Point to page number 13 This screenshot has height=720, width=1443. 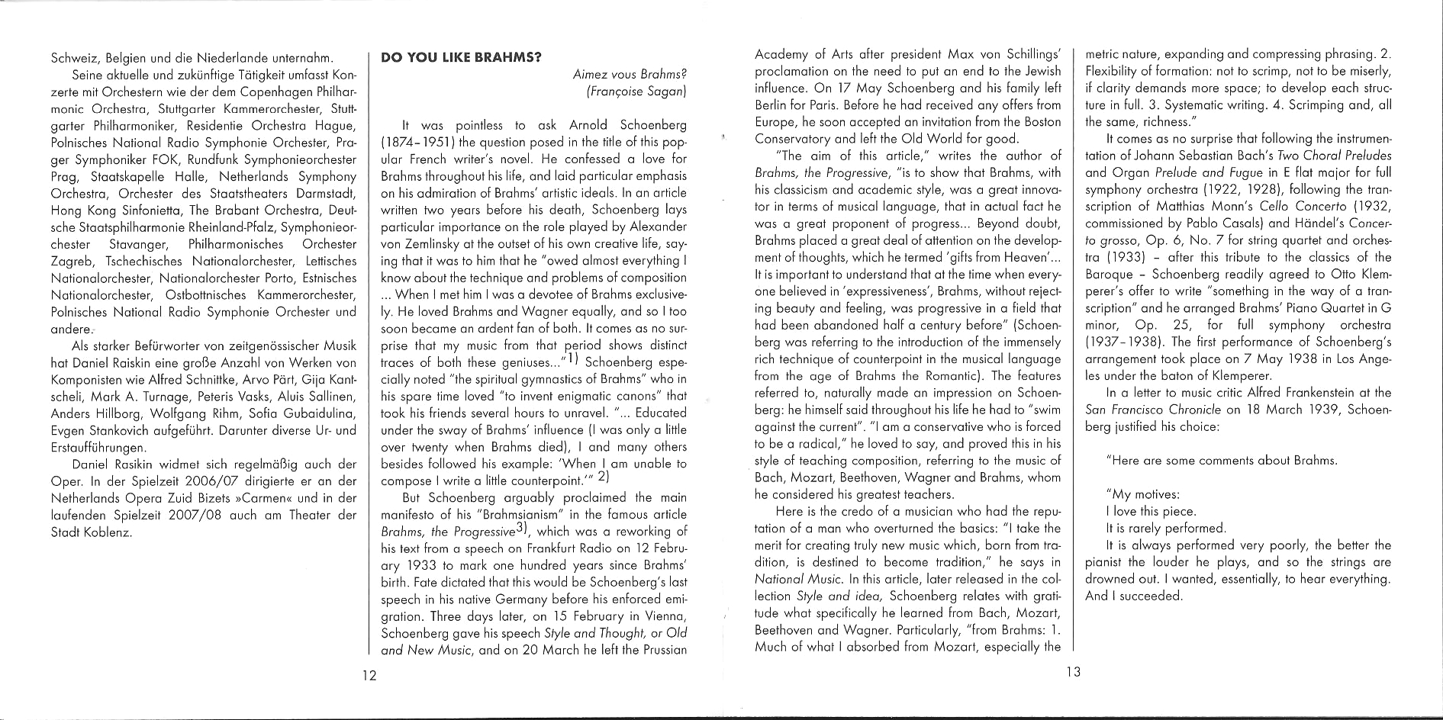coord(1073,672)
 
